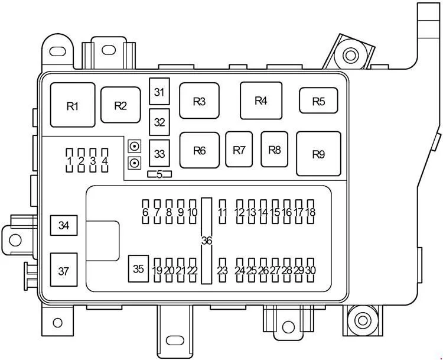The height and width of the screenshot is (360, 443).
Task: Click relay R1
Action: (x=73, y=106)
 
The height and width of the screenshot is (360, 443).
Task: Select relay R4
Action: (x=260, y=100)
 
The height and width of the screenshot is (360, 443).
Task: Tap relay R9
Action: (x=318, y=154)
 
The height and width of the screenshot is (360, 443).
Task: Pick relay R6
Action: (x=199, y=150)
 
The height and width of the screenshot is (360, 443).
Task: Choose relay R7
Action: (x=239, y=150)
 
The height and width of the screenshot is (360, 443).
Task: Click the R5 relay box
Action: (x=318, y=101)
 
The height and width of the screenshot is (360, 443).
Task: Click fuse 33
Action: (x=159, y=154)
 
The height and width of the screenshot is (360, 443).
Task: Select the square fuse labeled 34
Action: (x=64, y=225)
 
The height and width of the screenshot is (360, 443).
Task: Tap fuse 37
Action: (x=64, y=271)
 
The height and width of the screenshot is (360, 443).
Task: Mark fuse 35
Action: (x=138, y=269)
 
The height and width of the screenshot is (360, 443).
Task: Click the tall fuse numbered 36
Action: (x=206, y=240)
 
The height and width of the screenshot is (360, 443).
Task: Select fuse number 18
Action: (x=311, y=212)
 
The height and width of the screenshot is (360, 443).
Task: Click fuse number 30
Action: (x=311, y=270)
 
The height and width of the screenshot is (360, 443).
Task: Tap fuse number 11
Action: (x=222, y=212)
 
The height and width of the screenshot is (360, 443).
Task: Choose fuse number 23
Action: (x=222, y=270)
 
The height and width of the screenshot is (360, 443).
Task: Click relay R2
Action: (x=120, y=106)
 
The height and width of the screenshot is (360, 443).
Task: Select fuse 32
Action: (x=159, y=122)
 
